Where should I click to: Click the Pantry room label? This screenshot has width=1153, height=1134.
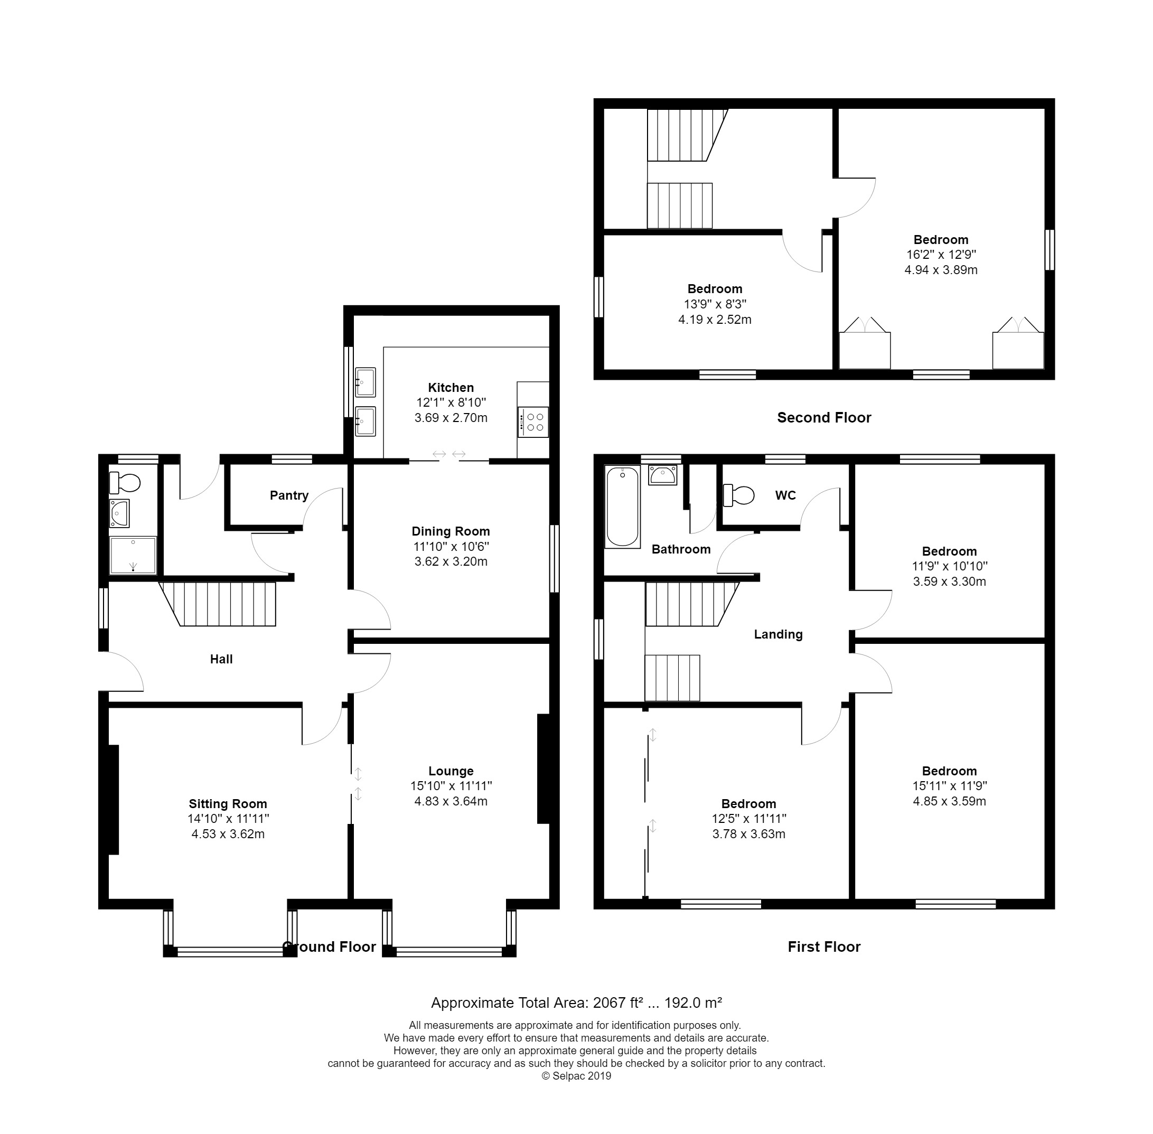pos(289,495)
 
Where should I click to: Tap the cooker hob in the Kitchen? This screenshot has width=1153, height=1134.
pos(533,422)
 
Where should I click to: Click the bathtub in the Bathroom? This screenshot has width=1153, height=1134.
pos(622,506)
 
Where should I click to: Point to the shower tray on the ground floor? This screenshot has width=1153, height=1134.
pos(133,556)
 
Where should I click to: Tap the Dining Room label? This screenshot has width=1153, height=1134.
pos(451,531)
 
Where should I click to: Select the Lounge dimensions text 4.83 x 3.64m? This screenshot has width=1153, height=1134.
pos(451,801)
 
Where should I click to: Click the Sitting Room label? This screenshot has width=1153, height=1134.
pos(228,804)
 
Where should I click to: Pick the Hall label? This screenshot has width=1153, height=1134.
pos(221,659)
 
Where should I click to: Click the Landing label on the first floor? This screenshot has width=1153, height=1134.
pos(779,635)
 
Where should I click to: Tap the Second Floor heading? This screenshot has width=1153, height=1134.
pos(823,417)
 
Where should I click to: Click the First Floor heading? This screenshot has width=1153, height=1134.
pos(823,947)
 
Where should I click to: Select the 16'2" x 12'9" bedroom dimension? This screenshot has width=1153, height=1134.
pos(941,254)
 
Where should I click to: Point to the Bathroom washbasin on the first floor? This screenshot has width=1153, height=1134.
pos(662,476)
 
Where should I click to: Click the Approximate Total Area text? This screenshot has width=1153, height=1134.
pos(577,1003)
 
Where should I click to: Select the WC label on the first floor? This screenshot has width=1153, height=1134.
pos(785,495)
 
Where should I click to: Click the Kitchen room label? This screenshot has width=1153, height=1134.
pos(451,388)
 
